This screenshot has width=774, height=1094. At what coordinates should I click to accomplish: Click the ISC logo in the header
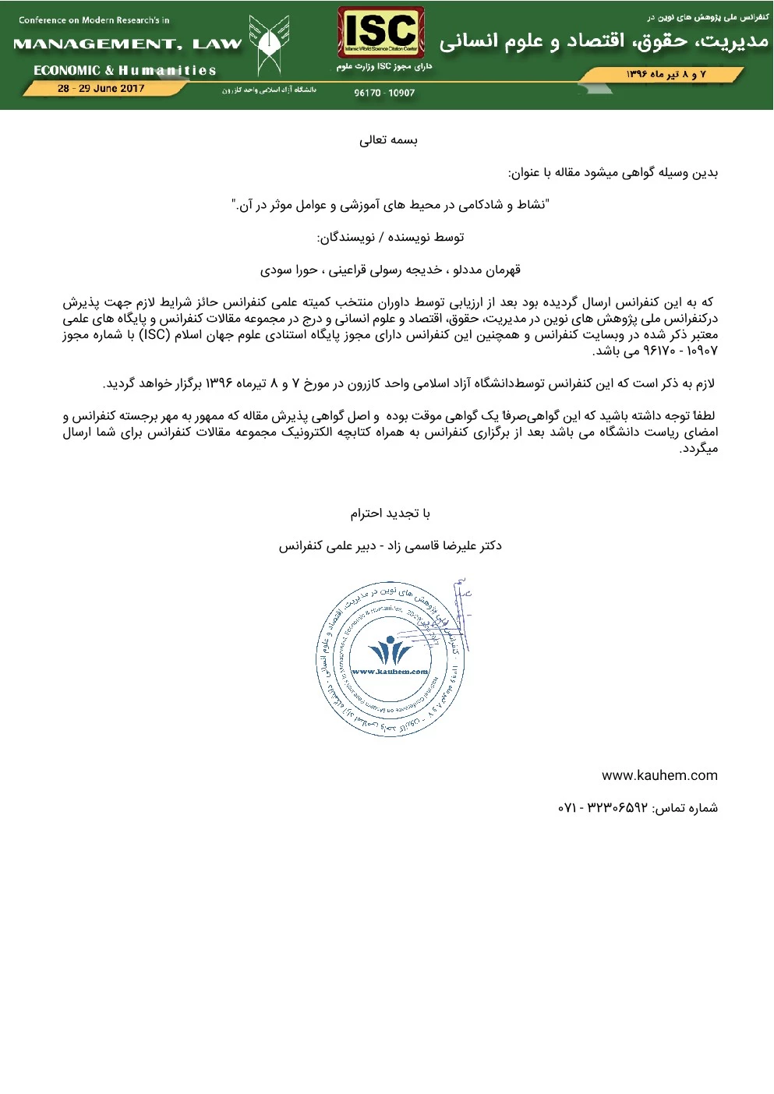(x=381, y=33)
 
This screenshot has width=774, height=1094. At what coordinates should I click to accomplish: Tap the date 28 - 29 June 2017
(x=101, y=89)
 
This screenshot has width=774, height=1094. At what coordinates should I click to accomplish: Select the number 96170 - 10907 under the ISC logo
(x=384, y=94)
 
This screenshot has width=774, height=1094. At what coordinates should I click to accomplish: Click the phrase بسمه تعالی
(x=387, y=140)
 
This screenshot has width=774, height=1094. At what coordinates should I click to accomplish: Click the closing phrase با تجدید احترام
(x=390, y=513)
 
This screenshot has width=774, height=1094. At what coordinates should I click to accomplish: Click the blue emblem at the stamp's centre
(x=390, y=651)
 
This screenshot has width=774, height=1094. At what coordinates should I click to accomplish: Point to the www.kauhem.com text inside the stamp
(x=390, y=672)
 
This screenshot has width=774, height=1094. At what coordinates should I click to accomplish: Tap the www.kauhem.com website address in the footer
(x=659, y=775)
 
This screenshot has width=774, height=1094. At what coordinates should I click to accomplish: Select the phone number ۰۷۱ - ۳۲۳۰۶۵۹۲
(x=603, y=808)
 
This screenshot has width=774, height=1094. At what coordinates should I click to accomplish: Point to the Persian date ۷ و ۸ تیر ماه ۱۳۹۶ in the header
(x=666, y=75)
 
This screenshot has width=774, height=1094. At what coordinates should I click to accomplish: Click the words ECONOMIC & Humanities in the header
(x=125, y=70)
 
